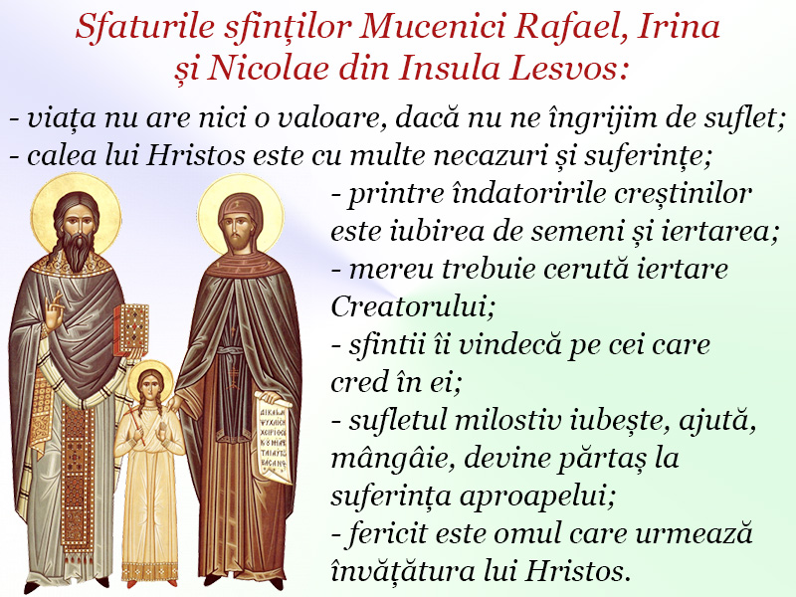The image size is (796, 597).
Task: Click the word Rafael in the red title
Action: click(x=569, y=27)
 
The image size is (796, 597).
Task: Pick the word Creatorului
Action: click(x=412, y=306)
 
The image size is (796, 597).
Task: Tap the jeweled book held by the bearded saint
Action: click(x=131, y=329)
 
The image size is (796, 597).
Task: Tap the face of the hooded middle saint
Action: click(x=240, y=230)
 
